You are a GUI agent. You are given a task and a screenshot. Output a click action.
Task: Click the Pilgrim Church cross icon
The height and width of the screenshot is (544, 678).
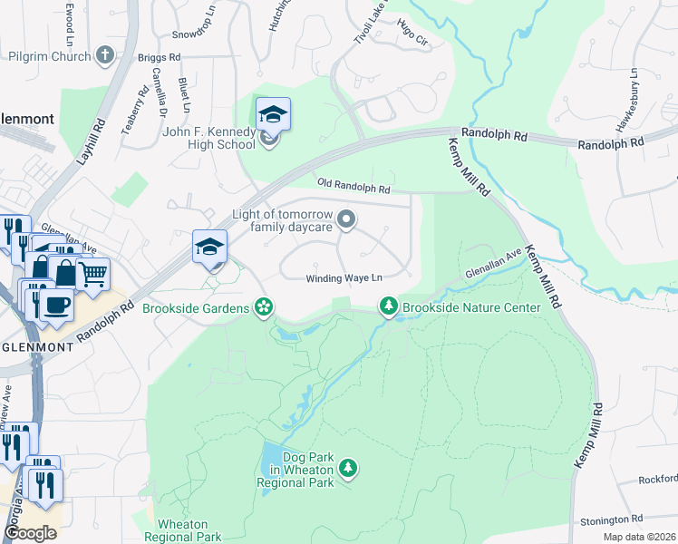[x=104, y=56]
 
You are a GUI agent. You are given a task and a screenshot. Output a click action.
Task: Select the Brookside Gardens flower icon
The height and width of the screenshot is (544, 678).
[x=264, y=308]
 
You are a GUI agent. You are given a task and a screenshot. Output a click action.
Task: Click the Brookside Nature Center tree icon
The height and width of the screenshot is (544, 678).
[x=389, y=308]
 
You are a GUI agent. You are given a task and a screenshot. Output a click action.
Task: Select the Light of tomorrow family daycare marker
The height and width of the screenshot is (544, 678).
[x=345, y=219]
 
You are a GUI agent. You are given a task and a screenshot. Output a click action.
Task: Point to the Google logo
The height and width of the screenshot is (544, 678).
[x=30, y=533]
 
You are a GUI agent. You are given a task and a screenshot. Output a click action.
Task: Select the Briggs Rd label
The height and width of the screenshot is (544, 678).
[x=159, y=56]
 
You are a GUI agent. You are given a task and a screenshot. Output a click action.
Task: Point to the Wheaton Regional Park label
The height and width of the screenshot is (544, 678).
[x=189, y=531]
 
